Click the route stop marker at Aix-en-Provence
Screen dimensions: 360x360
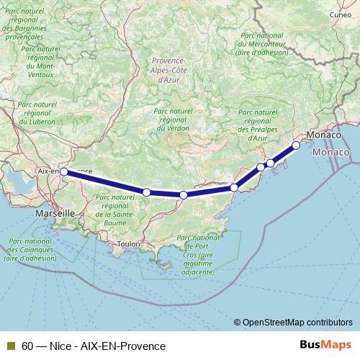tap(64, 171)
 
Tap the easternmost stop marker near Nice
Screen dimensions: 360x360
tap(296, 145)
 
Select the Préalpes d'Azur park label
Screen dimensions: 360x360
tap(257, 124)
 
